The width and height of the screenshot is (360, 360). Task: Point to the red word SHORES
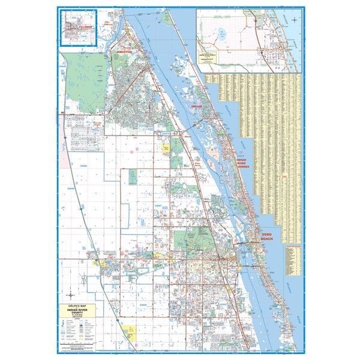pyautogui.click(x=242, y=167)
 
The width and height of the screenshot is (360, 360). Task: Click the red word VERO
pyautogui.click(x=266, y=235)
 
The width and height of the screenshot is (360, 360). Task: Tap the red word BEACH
pyautogui.click(x=266, y=240)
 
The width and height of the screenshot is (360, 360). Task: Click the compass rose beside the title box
pyautogui.click(x=72, y=295)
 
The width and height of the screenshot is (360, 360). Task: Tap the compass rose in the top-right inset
pyautogui.click(x=295, y=20)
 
